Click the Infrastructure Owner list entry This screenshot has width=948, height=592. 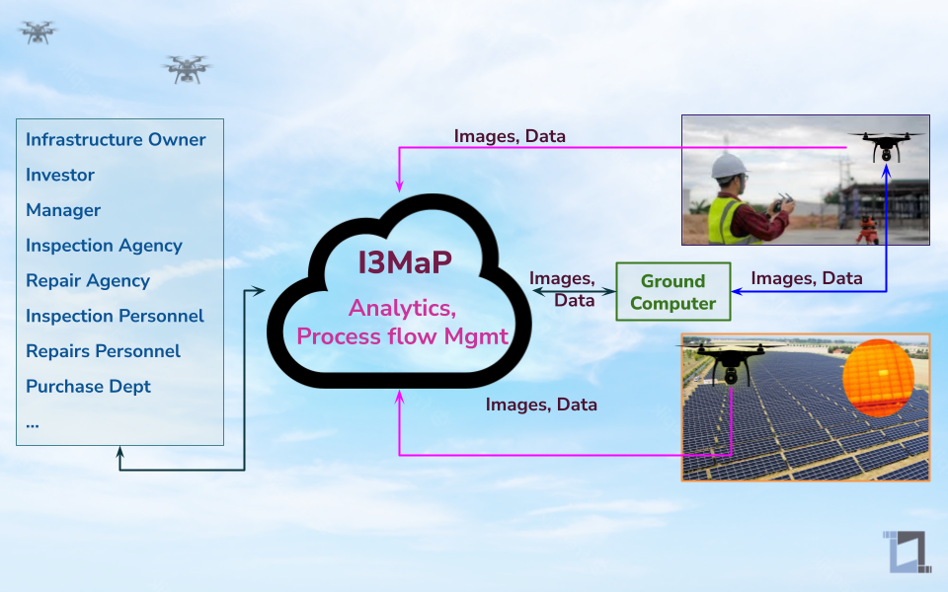point(116,139)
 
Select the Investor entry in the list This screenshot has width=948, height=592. point(60,175)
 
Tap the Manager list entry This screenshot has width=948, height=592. point(63,210)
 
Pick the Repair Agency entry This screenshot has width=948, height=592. point(88,280)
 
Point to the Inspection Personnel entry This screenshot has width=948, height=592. point(115,316)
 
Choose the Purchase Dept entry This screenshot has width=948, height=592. point(88,386)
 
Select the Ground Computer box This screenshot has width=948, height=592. point(672,292)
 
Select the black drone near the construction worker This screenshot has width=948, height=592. point(886,147)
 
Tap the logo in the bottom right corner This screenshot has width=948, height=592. point(907,553)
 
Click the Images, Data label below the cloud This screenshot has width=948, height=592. point(541,405)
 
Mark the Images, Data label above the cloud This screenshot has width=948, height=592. point(510,136)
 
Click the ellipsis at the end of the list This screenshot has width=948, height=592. point(33,422)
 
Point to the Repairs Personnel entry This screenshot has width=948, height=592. point(103,351)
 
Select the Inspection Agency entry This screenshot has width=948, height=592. point(104,245)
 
